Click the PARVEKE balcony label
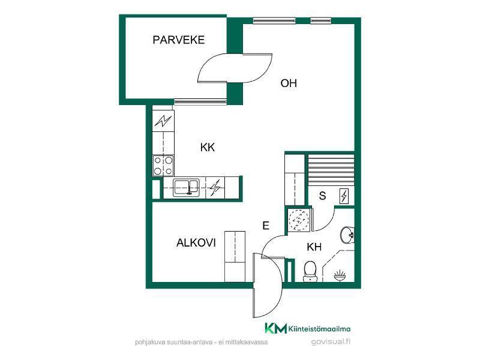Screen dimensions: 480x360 (178, 40)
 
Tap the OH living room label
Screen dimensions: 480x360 (289, 83)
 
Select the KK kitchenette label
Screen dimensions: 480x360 (208, 147)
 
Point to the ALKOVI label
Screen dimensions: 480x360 (196, 243)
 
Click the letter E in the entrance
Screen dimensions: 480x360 (266, 226)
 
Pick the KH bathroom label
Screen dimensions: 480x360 (314, 247)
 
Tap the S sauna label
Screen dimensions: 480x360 (322, 196)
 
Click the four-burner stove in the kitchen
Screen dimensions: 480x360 (163, 166)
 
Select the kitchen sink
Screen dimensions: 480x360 (186, 187)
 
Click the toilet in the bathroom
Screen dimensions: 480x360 (310, 271)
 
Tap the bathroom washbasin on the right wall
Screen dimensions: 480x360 (347, 235)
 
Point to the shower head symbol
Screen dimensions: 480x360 (340, 275)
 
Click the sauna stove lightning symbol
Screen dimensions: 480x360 (344, 196)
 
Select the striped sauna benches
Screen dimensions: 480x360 (331, 170)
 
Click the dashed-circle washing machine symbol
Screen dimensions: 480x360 (299, 220)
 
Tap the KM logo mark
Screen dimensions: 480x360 (276, 328)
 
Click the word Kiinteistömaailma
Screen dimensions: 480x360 (320, 329)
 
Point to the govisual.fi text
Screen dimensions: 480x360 (331, 341)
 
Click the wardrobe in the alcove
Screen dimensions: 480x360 (235, 257)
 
